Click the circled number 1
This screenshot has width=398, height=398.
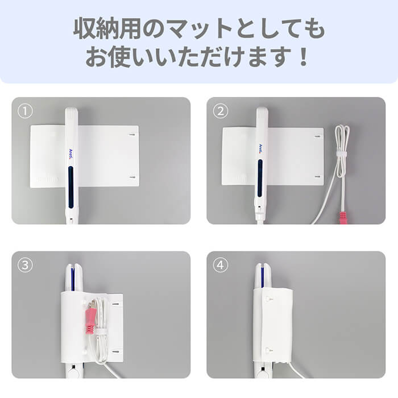[25, 111]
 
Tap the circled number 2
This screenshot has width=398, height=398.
[220, 111]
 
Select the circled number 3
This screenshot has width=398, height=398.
[25, 266]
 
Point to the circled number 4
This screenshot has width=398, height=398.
[220, 266]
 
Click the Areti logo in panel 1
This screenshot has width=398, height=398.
[71, 155]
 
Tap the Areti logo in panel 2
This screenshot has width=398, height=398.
[260, 149]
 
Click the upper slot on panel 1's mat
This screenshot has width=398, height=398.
[132, 135]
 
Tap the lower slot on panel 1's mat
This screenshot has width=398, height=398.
[132, 177]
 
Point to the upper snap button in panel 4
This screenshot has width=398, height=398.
[268, 300]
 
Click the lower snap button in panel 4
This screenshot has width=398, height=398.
[268, 351]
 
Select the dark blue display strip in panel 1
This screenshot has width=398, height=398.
[71, 186]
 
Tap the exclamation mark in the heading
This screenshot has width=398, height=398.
[303, 57]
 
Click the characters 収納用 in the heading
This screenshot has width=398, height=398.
[107, 28]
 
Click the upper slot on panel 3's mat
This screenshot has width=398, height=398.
[115, 304]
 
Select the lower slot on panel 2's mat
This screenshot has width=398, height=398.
[317, 176]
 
